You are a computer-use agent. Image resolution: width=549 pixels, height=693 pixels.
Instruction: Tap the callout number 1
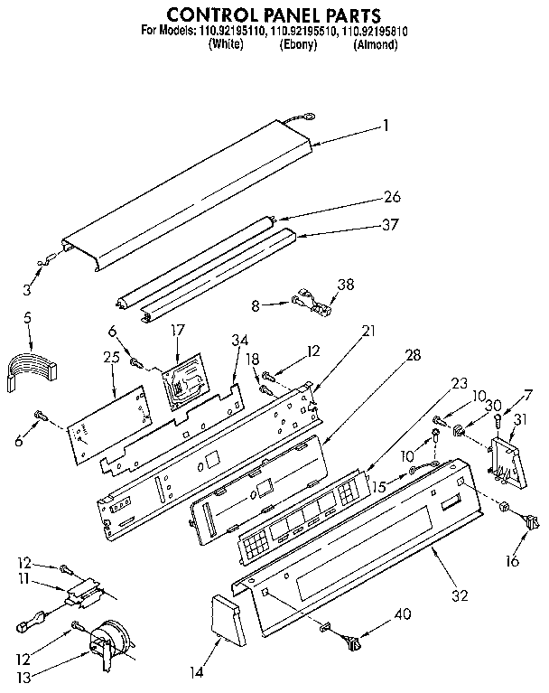pyautogui.click(x=386, y=126)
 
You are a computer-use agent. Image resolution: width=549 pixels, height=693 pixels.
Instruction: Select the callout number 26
pyautogui.click(x=392, y=196)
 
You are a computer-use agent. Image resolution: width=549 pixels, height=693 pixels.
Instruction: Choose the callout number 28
pyautogui.click(x=413, y=357)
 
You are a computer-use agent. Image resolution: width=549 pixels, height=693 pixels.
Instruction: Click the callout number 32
pyautogui.click(x=435, y=596)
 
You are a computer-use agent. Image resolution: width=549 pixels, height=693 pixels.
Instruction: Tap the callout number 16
pyautogui.click(x=513, y=561)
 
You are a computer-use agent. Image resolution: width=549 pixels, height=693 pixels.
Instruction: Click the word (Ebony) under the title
pyautogui.click(x=297, y=43)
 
